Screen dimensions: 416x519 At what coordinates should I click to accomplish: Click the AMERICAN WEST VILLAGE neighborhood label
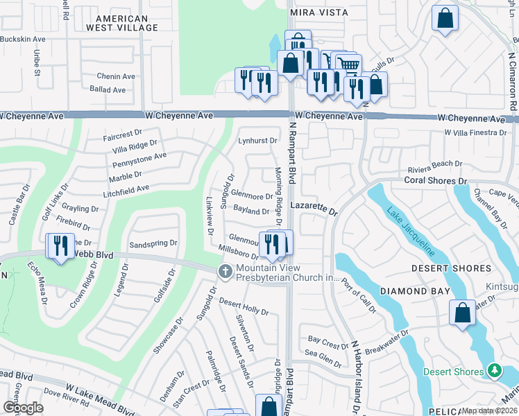point(122,23)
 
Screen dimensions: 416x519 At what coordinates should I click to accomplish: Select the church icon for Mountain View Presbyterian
point(225,271)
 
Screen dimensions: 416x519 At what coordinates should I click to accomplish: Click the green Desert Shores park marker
point(494,372)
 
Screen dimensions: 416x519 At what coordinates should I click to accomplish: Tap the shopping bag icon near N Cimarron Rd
point(445,19)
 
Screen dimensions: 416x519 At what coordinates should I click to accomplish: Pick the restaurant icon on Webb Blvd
point(60,245)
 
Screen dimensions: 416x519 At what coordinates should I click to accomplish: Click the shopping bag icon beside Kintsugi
point(462,313)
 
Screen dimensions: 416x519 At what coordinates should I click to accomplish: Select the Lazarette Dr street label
point(313,207)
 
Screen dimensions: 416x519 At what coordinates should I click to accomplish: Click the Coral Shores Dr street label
point(436,181)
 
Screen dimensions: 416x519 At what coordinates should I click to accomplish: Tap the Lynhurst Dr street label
point(253,141)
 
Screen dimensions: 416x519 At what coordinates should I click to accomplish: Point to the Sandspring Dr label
point(154,245)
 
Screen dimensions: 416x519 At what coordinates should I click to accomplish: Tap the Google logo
point(23,408)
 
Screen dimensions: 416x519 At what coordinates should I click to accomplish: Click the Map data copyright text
point(490,410)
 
